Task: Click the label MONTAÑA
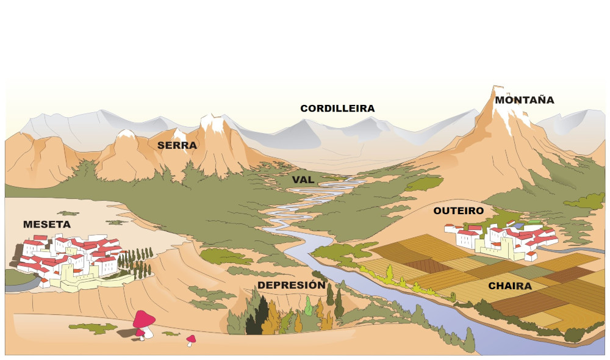click(x=524, y=100)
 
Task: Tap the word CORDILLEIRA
click(x=337, y=109)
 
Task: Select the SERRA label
click(x=177, y=145)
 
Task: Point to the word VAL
click(x=303, y=180)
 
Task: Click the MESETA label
click(x=47, y=225)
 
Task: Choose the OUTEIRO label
click(x=458, y=211)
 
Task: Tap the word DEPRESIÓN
click(x=291, y=285)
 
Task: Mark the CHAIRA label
click(x=510, y=286)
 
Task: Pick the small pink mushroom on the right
click(x=191, y=339)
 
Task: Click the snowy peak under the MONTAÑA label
click(x=503, y=104)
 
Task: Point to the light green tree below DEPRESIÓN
click(x=309, y=305)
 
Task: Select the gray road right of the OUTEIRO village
click(x=576, y=250)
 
